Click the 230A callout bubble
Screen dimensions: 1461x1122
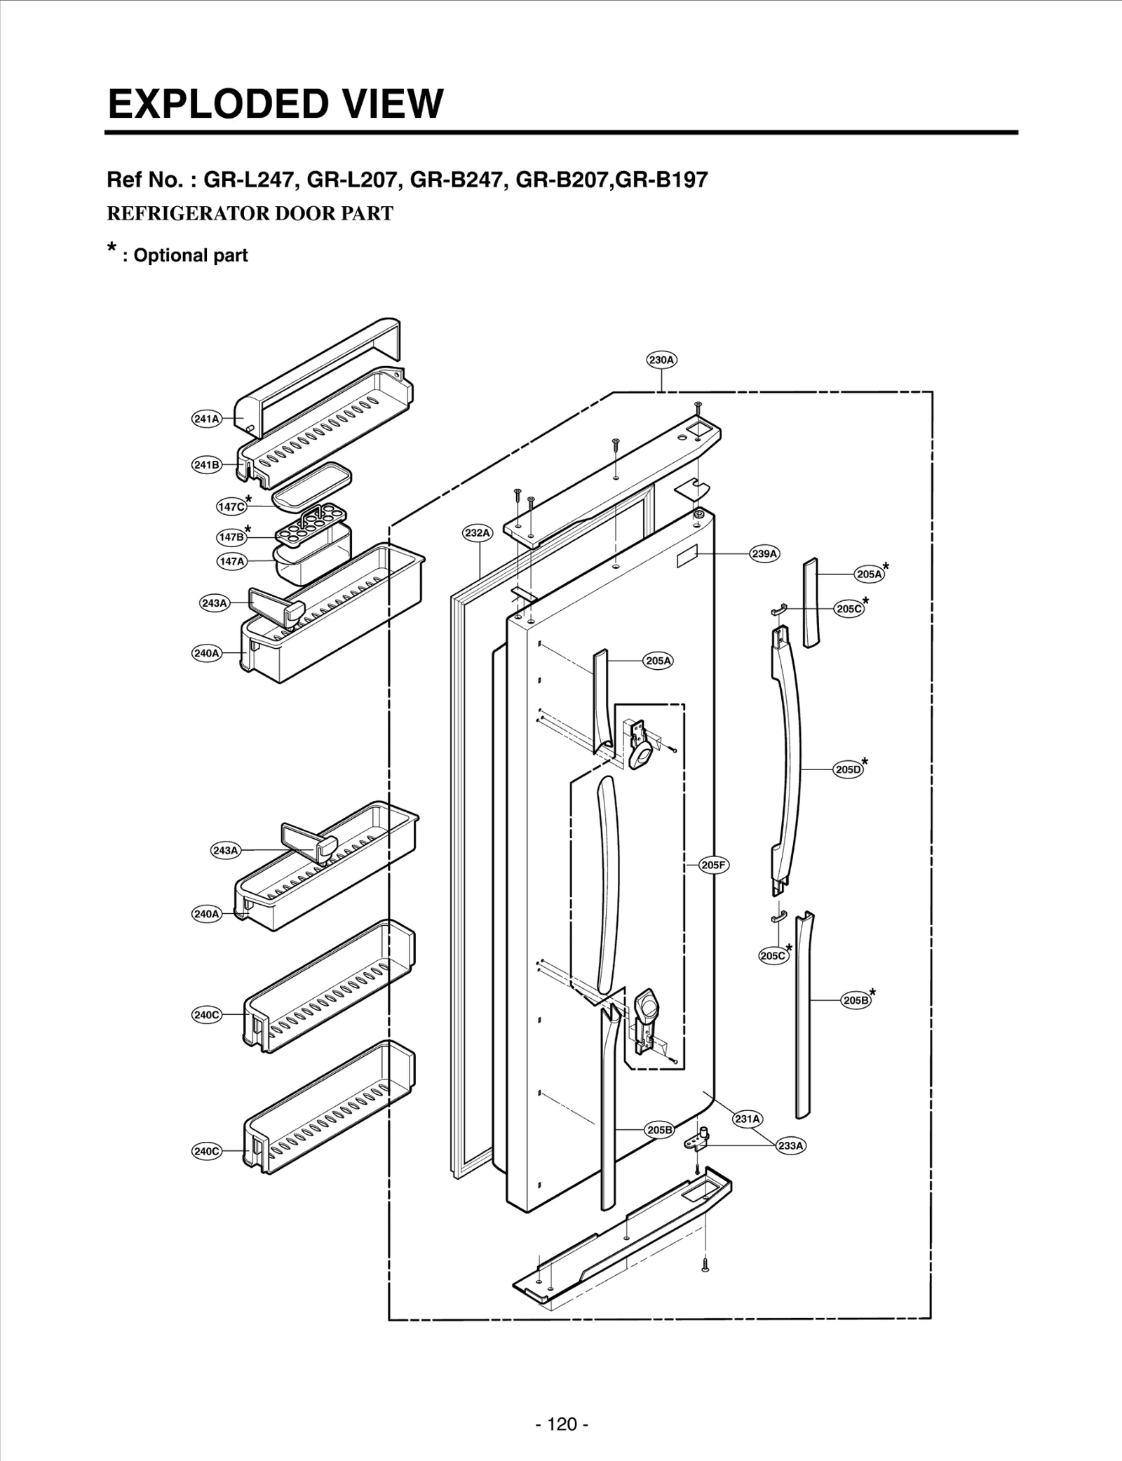click(x=661, y=360)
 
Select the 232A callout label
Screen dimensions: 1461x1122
click(x=478, y=533)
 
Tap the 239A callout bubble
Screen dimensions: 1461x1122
click(x=764, y=554)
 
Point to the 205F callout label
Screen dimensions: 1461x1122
click(x=714, y=865)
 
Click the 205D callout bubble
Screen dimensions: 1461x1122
click(x=848, y=769)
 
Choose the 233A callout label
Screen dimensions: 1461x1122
click(x=790, y=1145)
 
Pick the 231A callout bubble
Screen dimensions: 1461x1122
click(x=748, y=1119)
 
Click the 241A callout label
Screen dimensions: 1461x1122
click(x=206, y=419)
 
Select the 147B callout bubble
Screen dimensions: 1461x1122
click(x=231, y=537)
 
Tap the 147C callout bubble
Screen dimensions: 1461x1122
click(x=231, y=506)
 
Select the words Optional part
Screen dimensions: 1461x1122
click(x=190, y=255)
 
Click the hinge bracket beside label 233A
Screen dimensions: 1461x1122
click(x=700, y=1140)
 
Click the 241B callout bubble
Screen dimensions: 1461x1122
click(x=206, y=465)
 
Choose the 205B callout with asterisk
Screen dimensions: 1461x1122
click(x=856, y=1000)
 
